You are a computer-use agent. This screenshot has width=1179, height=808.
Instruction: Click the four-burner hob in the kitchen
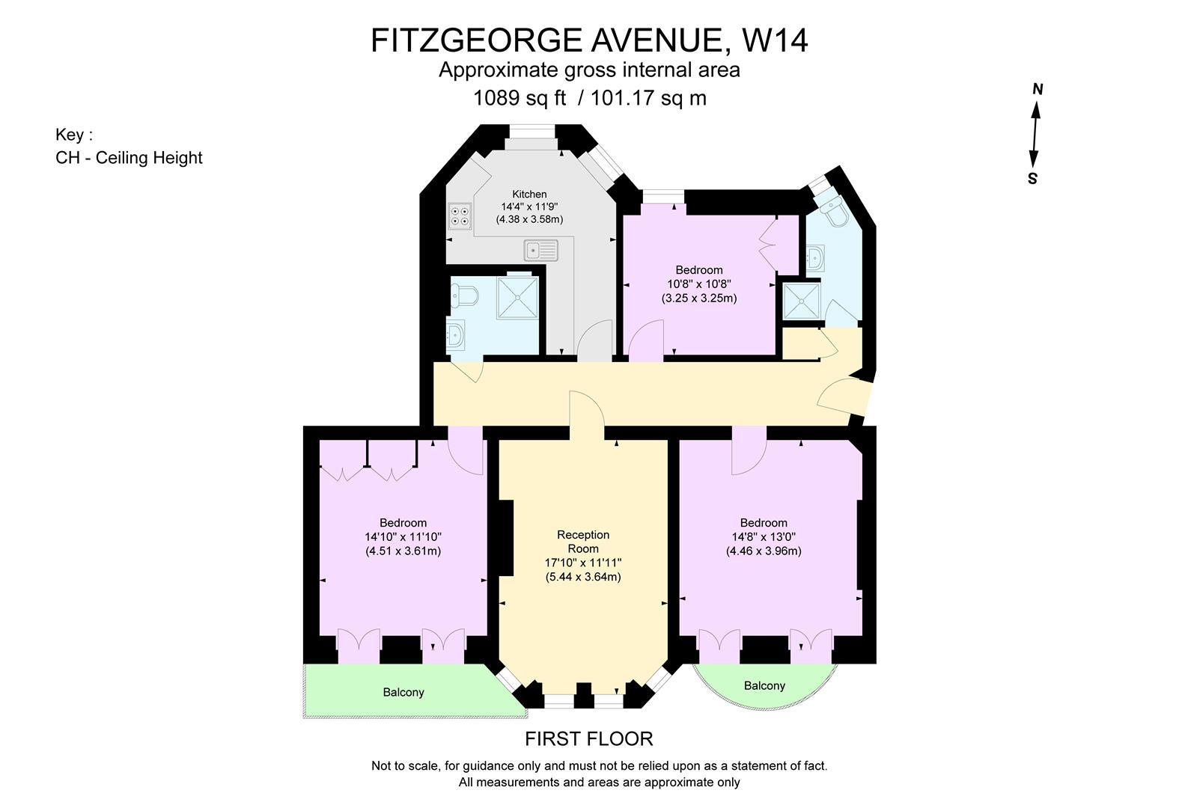click(x=460, y=216)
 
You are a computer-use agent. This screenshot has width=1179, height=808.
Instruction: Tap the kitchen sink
click(x=540, y=250)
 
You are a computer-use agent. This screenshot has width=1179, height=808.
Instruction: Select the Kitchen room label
click(x=529, y=194)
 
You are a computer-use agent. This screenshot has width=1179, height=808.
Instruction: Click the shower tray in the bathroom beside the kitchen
click(x=517, y=297)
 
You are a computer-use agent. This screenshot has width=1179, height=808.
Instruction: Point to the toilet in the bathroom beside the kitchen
click(x=463, y=296)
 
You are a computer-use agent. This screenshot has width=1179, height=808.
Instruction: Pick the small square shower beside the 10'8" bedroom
click(x=802, y=302)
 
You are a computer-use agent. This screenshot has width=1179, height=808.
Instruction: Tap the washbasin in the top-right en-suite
click(x=815, y=258)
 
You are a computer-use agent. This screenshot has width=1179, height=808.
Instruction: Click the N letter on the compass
click(x=1038, y=90)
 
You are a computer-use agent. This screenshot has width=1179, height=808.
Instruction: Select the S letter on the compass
click(x=1033, y=179)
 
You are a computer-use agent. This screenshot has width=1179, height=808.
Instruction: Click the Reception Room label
click(x=583, y=542)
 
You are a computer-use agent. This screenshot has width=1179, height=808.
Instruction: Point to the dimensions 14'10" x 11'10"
click(x=403, y=537)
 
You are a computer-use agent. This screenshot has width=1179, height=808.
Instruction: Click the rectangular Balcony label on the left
click(x=403, y=692)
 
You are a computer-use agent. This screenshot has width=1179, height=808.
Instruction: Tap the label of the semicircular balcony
click(x=764, y=686)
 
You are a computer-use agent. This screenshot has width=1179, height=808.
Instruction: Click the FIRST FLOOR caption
click(x=589, y=739)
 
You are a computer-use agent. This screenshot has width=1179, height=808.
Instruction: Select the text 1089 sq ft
click(x=520, y=98)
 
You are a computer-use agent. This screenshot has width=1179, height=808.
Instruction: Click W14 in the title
click(x=775, y=40)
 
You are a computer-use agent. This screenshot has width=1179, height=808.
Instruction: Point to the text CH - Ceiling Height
click(x=129, y=158)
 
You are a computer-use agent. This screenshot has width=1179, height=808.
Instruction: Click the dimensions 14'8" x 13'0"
click(x=764, y=537)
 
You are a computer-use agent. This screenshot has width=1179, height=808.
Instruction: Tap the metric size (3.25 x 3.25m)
click(x=699, y=299)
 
